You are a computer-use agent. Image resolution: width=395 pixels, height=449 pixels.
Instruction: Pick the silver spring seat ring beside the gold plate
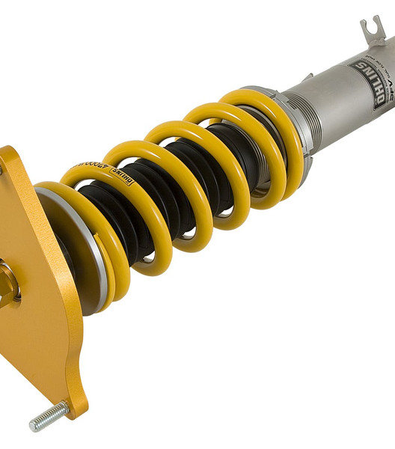(x=71, y=247)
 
